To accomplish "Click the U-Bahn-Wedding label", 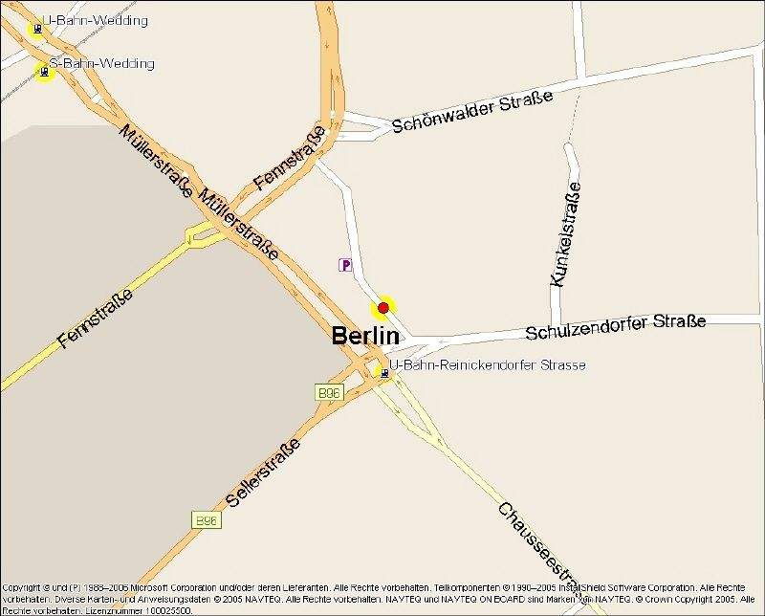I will tap(96, 20).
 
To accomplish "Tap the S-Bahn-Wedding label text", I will tap(101, 63).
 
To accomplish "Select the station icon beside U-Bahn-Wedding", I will tap(37, 28).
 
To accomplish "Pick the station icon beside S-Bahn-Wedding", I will tap(43, 72).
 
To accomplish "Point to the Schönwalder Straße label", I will tap(472, 113).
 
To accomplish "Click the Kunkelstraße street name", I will tap(566, 234).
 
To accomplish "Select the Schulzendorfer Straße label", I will tap(616, 326).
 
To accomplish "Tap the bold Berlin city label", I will tap(364, 336).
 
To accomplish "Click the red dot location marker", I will tap(383, 307).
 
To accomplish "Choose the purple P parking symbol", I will tap(345, 265).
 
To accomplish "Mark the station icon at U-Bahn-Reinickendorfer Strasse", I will tap(384, 373).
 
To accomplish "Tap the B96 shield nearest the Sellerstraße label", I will tap(206, 520).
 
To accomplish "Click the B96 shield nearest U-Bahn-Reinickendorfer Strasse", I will tap(329, 392).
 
